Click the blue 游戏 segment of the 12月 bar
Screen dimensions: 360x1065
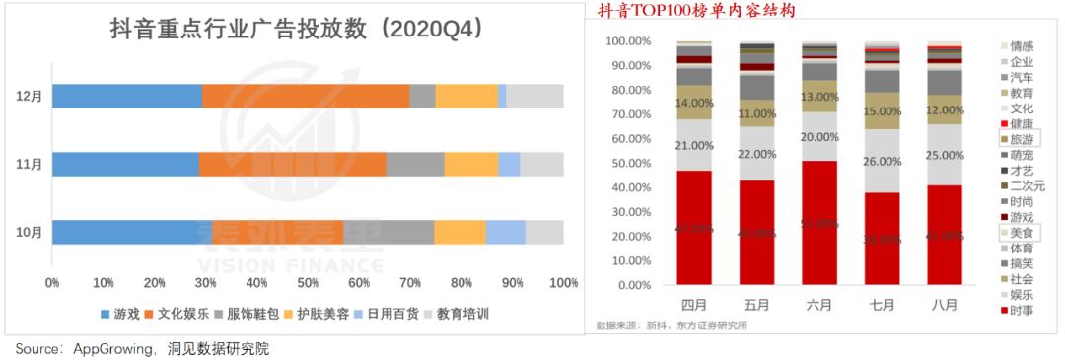point(127,96)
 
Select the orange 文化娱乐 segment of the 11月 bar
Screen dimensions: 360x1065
point(292,164)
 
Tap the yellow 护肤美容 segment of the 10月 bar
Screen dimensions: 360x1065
point(460,232)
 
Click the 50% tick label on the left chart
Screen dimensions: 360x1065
point(309,282)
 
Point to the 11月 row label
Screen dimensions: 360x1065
point(29,164)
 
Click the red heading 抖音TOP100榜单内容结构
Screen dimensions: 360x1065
point(695,11)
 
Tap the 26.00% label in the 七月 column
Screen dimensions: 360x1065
point(882,161)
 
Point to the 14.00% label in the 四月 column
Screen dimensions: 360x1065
point(694,103)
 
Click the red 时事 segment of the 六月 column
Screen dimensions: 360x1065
point(819,223)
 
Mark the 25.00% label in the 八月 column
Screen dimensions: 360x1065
point(945,155)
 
